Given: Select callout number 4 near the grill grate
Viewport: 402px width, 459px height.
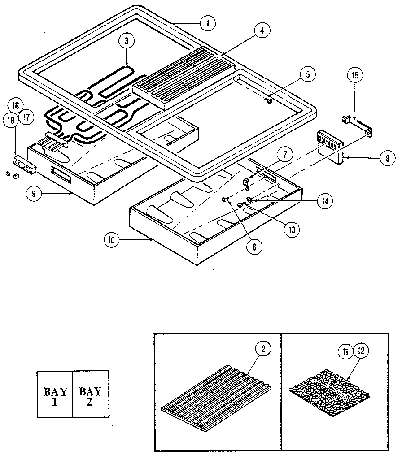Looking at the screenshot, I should tap(262, 31).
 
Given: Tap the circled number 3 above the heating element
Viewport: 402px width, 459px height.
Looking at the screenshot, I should tap(127, 41).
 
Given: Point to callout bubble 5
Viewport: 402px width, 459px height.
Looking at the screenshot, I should tap(307, 74).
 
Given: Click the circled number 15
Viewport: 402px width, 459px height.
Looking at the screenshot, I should tap(354, 76).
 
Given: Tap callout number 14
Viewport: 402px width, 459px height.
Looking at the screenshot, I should tap(323, 202).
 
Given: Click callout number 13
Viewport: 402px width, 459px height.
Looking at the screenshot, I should tap(292, 229).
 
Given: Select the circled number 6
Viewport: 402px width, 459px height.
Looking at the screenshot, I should tap(255, 247).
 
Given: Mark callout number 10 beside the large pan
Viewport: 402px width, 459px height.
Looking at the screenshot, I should tap(111, 240).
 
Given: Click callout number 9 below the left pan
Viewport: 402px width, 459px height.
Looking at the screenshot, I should tap(33, 194).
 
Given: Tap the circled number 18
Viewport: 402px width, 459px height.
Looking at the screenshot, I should tap(11, 120).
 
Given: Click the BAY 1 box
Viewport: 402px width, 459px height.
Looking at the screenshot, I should tap(55, 394).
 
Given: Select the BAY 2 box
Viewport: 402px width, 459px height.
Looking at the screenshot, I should tap(91, 394).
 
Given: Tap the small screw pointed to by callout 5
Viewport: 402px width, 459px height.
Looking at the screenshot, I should tap(269, 101).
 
